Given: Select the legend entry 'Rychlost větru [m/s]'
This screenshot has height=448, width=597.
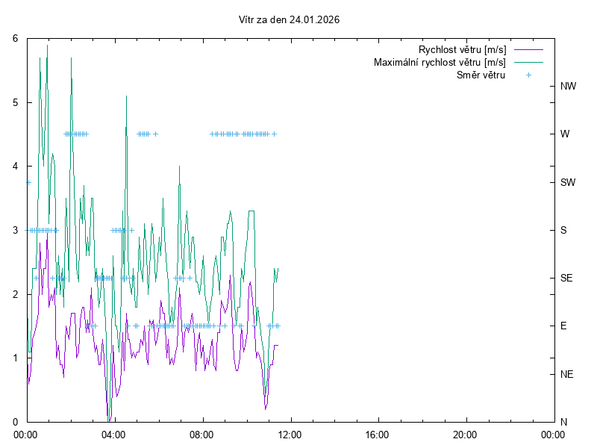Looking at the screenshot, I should pos(462,50).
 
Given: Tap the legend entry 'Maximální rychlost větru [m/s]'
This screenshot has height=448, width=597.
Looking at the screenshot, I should pos(440,63).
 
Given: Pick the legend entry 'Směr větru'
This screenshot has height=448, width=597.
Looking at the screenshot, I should pos(481,75).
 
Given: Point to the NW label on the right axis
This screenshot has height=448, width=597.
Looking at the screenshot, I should pos(568,87).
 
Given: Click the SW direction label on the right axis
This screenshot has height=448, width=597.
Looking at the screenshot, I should pos(568,182).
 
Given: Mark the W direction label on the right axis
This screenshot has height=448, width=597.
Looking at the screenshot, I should pos(565,134).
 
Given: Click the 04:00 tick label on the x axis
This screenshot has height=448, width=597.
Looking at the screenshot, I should pos(114,434).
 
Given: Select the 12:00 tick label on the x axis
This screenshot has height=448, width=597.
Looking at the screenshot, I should pos(290,434).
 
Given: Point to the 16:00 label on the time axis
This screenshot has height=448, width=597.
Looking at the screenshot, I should pos(378,434).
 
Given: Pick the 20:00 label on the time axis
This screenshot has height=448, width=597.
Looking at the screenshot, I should pos(465,434).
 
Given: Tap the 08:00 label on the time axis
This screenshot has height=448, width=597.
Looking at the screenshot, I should pos(202,434).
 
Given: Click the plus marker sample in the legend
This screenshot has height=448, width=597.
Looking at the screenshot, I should pos(528,75).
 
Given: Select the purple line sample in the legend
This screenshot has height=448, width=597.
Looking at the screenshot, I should pos(528,50).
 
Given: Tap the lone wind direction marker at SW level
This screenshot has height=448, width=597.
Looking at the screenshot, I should pos(28,182).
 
